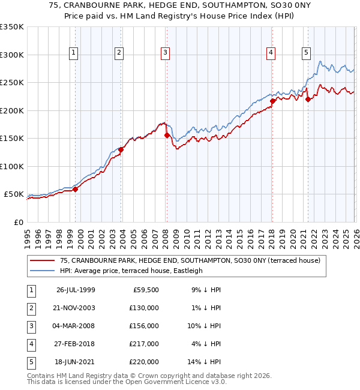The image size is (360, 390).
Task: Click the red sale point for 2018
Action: pyautogui.click(x=272, y=101)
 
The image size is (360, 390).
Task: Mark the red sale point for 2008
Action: pyautogui.click(x=167, y=135)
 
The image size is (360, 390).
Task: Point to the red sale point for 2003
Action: pyautogui.click(x=121, y=149)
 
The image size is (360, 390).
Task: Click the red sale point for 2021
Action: pyautogui.click(x=308, y=100)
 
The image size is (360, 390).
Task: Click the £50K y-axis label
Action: pyautogui.click(x=14, y=194)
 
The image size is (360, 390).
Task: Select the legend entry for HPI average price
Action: pyautogui.click(x=131, y=271)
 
